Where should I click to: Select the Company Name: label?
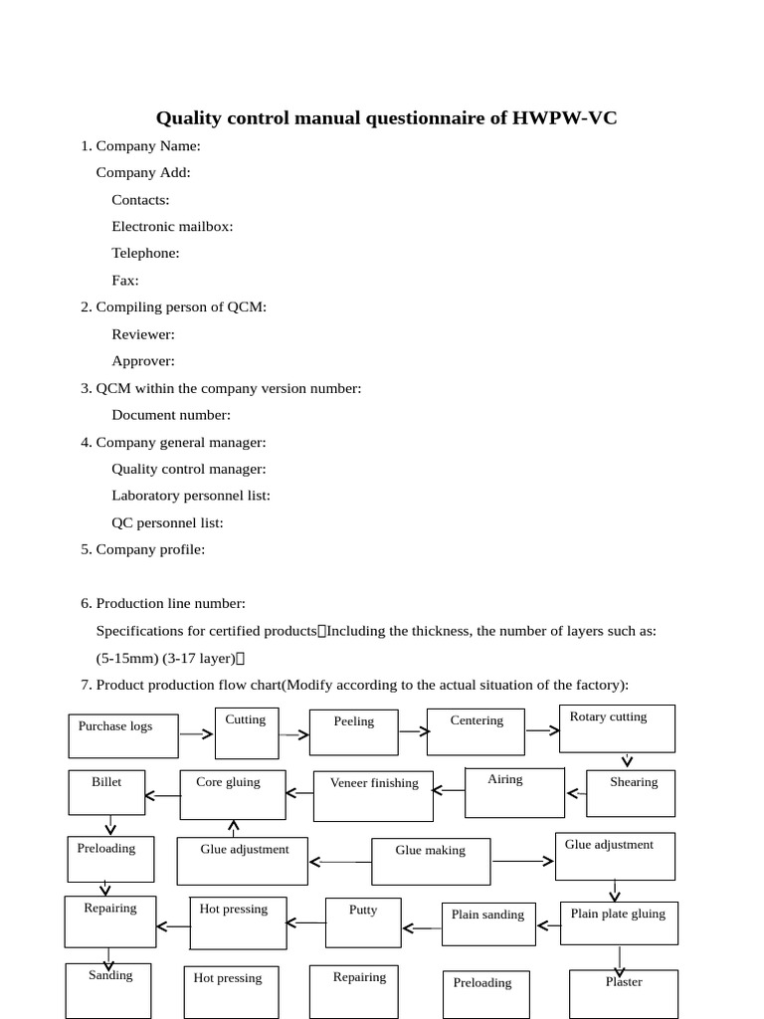point(147,146)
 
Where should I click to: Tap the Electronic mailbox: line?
point(172,226)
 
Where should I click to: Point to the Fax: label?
point(125,280)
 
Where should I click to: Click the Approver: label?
point(143,361)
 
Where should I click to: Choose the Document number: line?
point(171,415)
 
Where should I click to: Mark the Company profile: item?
point(150,549)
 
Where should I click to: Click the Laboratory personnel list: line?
point(191,496)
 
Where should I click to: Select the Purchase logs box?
point(123,735)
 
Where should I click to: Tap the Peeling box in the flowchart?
point(353,732)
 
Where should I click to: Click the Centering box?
point(477,731)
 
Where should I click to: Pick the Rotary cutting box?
point(617,728)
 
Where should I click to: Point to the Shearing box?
point(631,793)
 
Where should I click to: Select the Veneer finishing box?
point(373,795)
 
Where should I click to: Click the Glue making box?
point(430,861)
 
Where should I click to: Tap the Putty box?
point(363,921)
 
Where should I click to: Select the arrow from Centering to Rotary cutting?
point(543,730)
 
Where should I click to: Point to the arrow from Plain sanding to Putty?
point(423,928)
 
